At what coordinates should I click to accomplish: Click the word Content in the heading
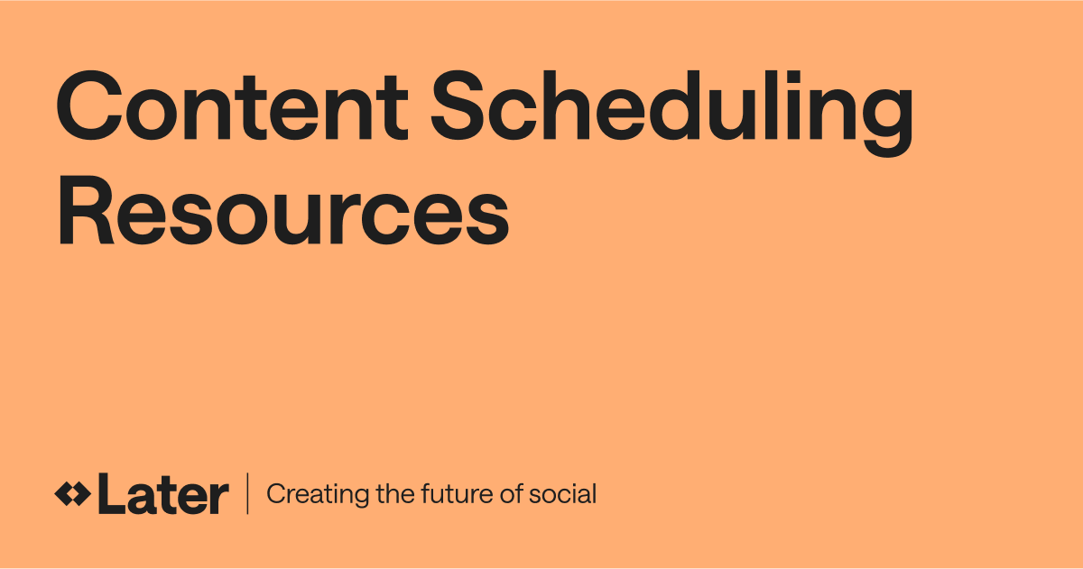tap(230, 110)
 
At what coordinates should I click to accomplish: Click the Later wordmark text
tap(162, 495)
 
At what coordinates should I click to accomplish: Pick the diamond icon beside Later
tap(72, 494)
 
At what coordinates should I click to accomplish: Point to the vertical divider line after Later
tap(247, 494)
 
